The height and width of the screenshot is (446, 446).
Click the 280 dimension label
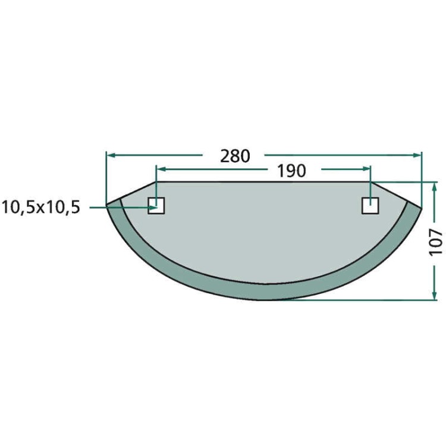235,156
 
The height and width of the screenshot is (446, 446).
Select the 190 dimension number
291,171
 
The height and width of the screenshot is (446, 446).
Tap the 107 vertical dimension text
436,242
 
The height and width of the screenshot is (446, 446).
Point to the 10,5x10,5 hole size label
41,207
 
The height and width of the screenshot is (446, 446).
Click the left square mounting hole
156,206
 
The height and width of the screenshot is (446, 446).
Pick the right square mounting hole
370,206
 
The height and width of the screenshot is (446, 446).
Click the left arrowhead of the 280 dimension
111,155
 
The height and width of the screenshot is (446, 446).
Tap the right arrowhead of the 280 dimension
417,155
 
